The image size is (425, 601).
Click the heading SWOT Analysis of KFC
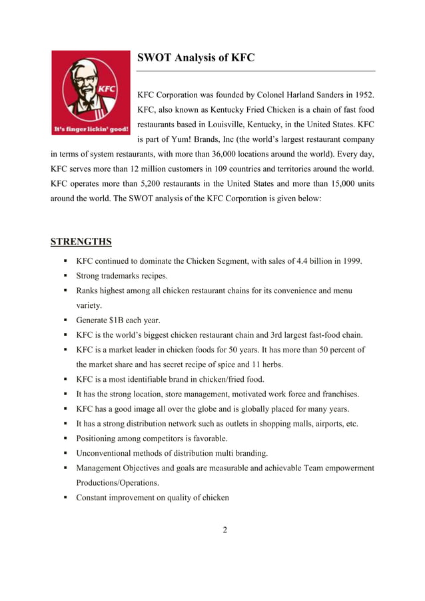tap(195, 58)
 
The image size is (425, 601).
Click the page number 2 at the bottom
tap(225, 530)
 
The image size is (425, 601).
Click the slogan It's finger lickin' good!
tap(91, 129)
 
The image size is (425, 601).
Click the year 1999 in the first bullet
tap(352, 261)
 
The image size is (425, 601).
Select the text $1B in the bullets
tap(119, 320)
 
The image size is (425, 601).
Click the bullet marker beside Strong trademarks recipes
tap(66, 276)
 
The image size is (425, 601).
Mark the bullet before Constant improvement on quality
tap(66, 498)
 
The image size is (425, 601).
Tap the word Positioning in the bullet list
tap(99, 438)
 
